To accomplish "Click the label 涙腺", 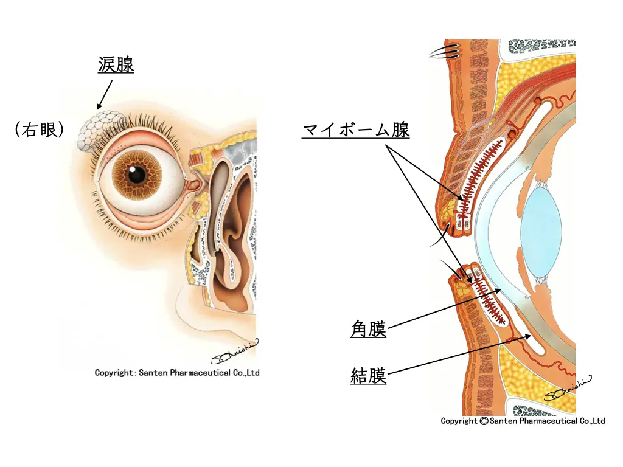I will click(x=116, y=64).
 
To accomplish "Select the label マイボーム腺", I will click(x=356, y=130).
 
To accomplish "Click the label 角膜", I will click(x=369, y=330).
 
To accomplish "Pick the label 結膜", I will click(x=369, y=376).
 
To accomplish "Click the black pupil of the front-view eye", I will click(x=137, y=175).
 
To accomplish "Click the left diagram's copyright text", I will click(x=177, y=373).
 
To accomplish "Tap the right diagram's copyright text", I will click(x=523, y=421).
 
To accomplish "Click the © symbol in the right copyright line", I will click(x=484, y=421).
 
